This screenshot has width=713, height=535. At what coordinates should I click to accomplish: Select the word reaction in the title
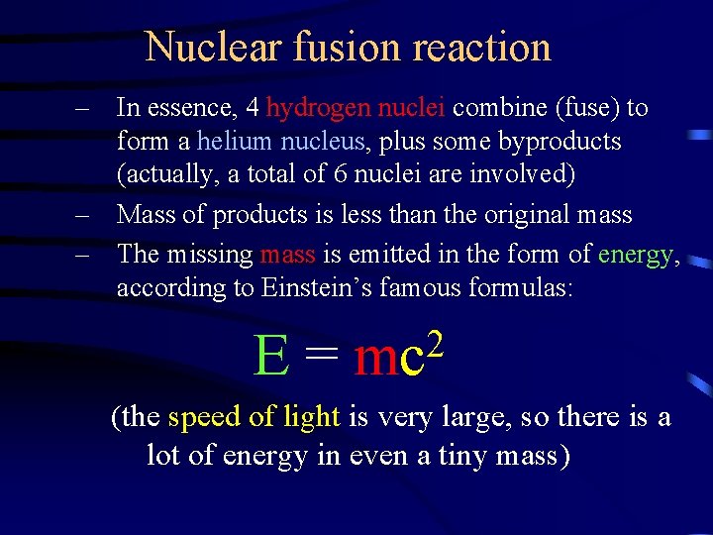point(482,47)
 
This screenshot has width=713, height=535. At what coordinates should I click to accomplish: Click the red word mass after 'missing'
point(288,254)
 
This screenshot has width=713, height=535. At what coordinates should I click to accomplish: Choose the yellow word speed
point(204,417)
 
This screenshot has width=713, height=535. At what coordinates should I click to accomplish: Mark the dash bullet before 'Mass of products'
point(86,215)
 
